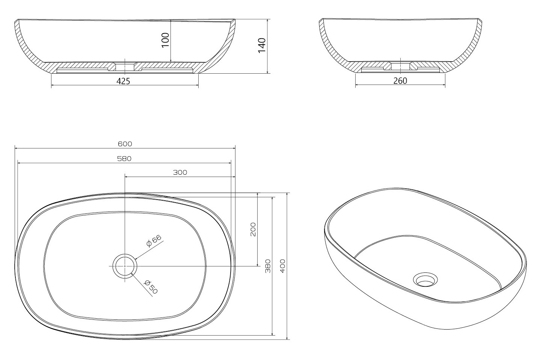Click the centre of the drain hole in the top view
[125, 266]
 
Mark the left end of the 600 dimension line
[15, 148]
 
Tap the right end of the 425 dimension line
[198, 85]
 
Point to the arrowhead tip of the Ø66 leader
[135, 259]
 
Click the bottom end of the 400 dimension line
[287, 339]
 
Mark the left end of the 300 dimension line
[125, 177]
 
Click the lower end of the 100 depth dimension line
[171, 62]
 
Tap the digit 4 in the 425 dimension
[119, 81]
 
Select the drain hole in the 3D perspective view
[425, 280]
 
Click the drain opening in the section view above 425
[125, 67]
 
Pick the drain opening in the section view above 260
[400, 67]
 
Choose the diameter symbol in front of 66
[149, 244]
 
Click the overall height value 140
[262, 45]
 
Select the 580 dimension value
[124, 159]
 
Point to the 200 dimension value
[253, 229]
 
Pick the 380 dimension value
[268, 266]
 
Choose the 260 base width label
[400, 81]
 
